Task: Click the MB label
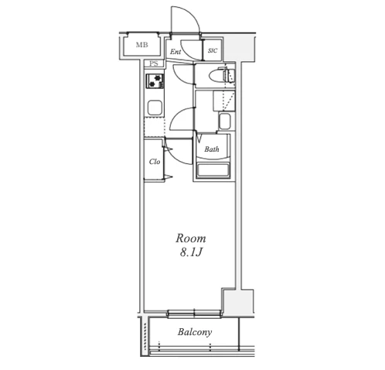click(141, 45)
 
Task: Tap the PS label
click(154, 63)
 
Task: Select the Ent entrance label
click(175, 52)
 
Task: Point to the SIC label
click(213, 50)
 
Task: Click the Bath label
click(212, 149)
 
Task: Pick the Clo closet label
click(155, 162)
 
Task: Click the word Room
click(191, 238)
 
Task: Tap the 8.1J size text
click(190, 253)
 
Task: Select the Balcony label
click(195, 332)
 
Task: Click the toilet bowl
click(217, 77)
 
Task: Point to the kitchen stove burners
click(155, 81)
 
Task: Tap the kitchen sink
click(155, 108)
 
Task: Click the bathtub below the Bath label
click(213, 170)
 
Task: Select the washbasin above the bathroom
click(224, 122)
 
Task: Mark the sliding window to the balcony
click(194, 313)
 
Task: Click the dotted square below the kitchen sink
click(154, 127)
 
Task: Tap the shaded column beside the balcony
click(238, 302)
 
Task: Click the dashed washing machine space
click(224, 101)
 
